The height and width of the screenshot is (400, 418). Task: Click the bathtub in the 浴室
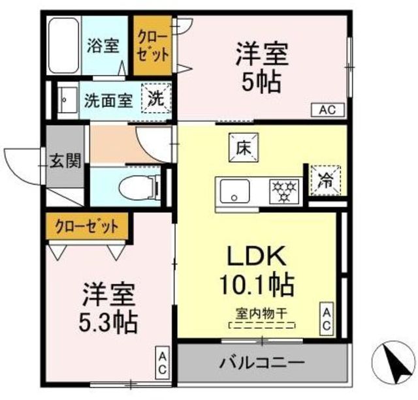(64, 45)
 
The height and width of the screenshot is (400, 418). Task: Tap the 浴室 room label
(103, 45)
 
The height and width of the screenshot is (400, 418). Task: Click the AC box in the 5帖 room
(328, 110)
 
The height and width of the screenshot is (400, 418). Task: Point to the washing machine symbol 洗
(156, 99)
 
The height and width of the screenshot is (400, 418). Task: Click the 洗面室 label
(108, 100)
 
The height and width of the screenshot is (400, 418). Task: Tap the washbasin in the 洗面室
(68, 100)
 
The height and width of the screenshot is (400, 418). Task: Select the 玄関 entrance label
(65, 161)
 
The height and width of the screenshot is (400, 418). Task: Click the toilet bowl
(139, 187)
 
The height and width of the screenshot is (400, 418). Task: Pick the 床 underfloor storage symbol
(244, 147)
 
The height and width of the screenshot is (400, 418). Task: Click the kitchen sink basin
(235, 191)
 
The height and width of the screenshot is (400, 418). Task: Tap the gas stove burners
(284, 191)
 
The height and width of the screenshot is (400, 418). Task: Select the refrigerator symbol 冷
(326, 181)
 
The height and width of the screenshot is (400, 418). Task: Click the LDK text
(257, 256)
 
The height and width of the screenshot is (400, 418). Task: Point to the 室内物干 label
(261, 313)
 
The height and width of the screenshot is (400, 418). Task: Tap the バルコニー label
(262, 363)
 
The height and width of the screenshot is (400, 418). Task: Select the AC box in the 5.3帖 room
(163, 362)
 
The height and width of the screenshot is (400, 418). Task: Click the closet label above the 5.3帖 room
(87, 227)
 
